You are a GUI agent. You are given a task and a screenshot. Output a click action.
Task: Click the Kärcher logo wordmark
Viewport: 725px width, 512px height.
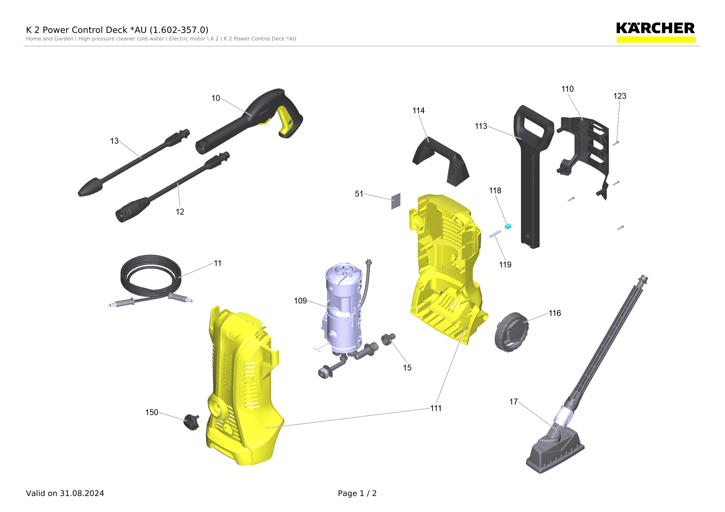[655, 28]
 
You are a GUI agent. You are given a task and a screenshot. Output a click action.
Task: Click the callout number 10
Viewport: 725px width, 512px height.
[216, 98]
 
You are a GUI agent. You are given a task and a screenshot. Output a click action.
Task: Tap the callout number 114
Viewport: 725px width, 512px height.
[418, 111]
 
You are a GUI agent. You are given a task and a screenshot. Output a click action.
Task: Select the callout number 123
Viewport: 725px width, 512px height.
[620, 96]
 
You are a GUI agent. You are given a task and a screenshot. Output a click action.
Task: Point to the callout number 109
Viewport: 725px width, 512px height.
[300, 301]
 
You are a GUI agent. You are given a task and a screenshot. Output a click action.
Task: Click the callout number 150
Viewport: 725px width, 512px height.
[152, 412]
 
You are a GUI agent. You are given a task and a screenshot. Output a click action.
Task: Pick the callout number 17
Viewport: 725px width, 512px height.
[514, 402]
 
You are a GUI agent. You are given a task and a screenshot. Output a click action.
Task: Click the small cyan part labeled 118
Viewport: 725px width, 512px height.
[508, 226]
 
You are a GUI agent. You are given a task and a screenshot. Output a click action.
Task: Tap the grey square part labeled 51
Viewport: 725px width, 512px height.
[396, 201]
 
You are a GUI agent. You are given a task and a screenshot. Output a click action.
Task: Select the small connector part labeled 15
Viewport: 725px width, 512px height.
[388, 339]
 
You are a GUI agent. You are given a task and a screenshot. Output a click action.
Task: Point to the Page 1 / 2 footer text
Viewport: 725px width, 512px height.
[357, 493]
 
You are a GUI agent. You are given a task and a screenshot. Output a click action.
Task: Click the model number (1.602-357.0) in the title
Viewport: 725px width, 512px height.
[179, 30]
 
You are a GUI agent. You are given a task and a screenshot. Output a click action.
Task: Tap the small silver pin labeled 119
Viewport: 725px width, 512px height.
[495, 234]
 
